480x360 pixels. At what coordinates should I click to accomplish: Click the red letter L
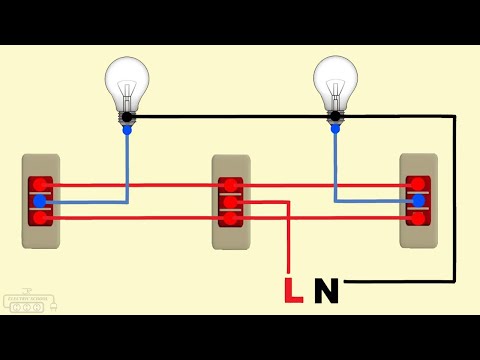click(293, 290)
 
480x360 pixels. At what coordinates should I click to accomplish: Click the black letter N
click(326, 290)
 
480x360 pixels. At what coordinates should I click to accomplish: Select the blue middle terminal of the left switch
click(40, 201)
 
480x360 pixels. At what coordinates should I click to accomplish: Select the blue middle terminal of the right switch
click(418, 200)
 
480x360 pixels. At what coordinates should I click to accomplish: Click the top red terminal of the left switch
click(40, 185)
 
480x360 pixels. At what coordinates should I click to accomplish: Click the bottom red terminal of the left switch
click(40, 217)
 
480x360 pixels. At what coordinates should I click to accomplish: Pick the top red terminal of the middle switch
click(230, 185)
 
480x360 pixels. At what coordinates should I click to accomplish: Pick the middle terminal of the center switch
click(230, 201)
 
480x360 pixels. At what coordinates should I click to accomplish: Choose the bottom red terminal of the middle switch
click(230, 217)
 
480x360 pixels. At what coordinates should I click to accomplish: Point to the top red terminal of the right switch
click(418, 184)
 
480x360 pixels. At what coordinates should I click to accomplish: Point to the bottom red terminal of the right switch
click(418, 216)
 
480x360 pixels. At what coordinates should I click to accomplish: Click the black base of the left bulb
click(127, 116)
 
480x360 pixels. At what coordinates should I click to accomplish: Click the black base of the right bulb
click(335, 116)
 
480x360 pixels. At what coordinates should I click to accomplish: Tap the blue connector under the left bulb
click(127, 129)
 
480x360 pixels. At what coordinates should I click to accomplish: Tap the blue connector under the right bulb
click(335, 129)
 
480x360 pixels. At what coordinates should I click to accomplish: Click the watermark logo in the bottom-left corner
click(28, 303)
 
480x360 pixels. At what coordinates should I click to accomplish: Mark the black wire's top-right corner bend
click(455, 116)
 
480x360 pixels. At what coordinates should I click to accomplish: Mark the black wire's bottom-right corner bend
click(455, 281)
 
